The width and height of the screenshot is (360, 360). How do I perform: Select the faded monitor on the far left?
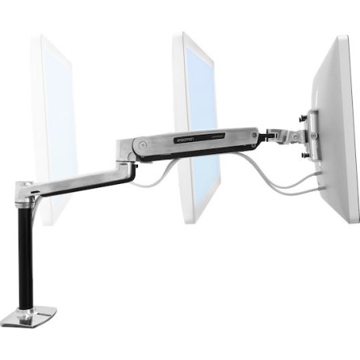[52, 121]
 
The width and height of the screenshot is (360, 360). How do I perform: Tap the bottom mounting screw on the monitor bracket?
[305, 154]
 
